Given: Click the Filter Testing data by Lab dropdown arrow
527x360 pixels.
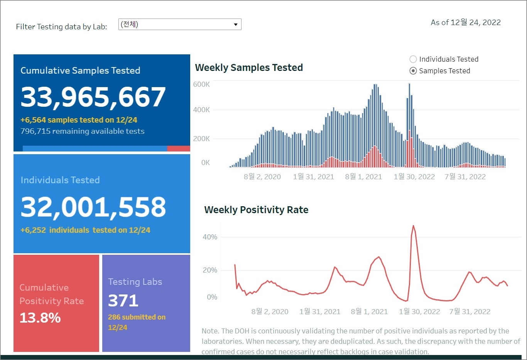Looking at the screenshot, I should (x=235, y=25).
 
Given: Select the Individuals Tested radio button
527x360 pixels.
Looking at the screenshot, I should (x=413, y=59).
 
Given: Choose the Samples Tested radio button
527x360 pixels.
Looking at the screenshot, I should (x=413, y=71).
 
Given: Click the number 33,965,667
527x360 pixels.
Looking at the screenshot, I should (x=93, y=97).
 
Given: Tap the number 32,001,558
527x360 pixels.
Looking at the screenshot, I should (x=93, y=207).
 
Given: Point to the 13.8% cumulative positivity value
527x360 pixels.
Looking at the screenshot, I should (x=40, y=318).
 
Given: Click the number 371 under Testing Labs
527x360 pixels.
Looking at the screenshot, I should (x=123, y=301).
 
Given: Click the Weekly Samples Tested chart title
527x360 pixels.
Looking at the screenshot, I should (x=249, y=68).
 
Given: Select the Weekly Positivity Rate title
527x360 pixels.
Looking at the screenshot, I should (x=256, y=210).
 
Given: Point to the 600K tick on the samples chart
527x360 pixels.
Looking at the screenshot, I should (x=201, y=84).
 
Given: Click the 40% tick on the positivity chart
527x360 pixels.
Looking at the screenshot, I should (x=210, y=237).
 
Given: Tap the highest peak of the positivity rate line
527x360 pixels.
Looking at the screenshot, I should (x=413, y=226).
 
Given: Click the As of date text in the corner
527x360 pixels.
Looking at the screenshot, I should (x=466, y=23).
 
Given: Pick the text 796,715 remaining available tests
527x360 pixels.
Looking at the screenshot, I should (x=83, y=131).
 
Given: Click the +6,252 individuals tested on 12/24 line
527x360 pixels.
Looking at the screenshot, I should (x=85, y=230).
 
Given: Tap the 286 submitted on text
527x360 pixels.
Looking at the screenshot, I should (x=137, y=317).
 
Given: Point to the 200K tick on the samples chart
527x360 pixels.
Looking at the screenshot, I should (x=201, y=139).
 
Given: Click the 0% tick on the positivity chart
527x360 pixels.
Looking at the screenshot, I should (x=212, y=297).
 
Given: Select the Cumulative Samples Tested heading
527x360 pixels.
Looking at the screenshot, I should (x=80, y=71).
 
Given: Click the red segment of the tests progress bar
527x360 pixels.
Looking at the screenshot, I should (x=178, y=148).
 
